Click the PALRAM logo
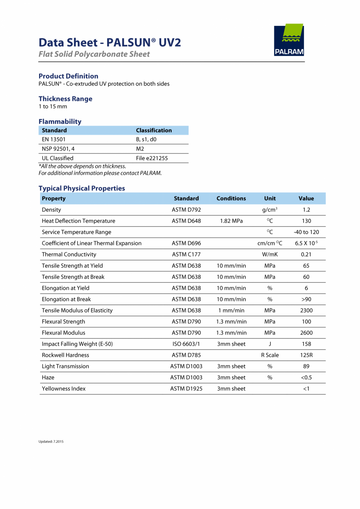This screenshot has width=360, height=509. point(289,40)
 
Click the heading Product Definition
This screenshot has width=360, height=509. point(68,76)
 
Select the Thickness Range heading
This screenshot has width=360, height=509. point(65,99)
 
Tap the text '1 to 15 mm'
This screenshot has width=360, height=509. point(53,106)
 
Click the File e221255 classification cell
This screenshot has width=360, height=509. point(152,158)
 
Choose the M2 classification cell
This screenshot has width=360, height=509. point(140,149)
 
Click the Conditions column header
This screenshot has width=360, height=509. point(231,199)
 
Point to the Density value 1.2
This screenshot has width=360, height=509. point(306,210)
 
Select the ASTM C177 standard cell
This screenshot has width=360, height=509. point(186,254)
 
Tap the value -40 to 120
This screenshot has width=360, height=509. point(306,232)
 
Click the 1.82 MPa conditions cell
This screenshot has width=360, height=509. point(231,221)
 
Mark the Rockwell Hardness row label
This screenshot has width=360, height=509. point(65,355)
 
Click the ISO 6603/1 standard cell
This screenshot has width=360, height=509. point(186,344)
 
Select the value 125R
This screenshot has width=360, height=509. point(306,355)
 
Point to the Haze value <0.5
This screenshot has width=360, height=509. point(306,377)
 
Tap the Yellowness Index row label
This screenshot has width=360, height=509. point(63,389)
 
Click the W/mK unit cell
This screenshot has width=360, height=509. point(270,254)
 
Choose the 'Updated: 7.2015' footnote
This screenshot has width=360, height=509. point(51,442)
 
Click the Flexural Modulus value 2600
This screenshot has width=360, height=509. point(306,333)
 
